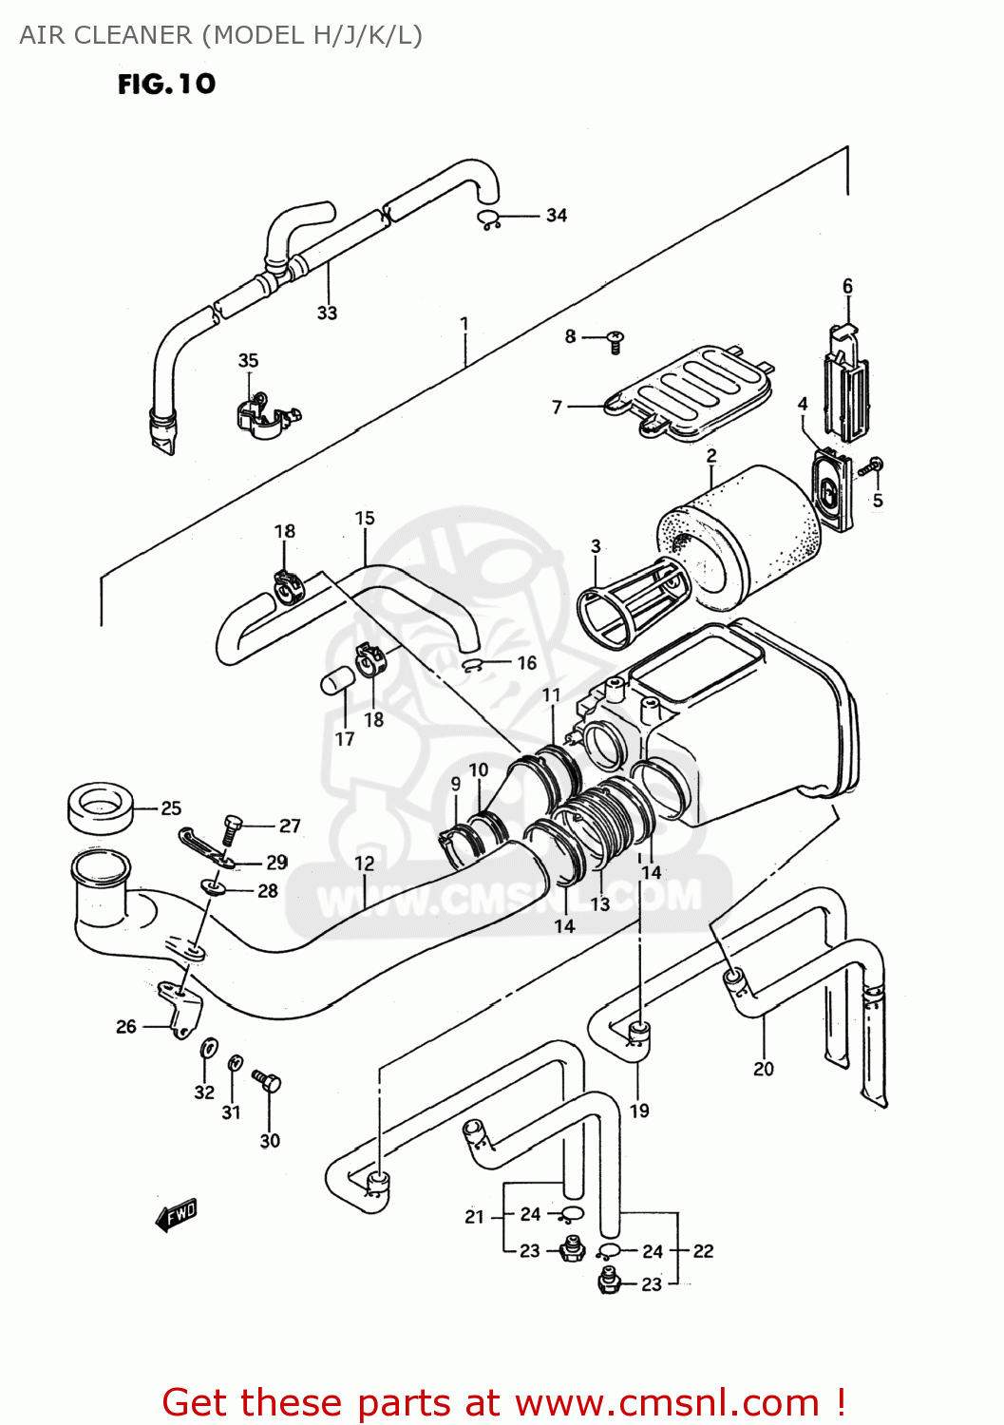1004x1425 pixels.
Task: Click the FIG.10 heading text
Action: pyautogui.click(x=166, y=85)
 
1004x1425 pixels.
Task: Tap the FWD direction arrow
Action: pyautogui.click(x=177, y=1214)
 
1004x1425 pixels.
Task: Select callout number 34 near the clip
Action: pyautogui.click(x=557, y=216)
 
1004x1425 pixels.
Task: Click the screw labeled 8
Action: pyautogui.click(x=615, y=340)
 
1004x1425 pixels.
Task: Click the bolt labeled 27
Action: pyautogui.click(x=231, y=828)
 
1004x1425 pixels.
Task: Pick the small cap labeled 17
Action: pyautogui.click(x=337, y=681)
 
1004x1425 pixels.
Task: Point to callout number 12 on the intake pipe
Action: pyautogui.click(x=365, y=863)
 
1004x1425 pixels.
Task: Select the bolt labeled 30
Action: pyautogui.click(x=268, y=1082)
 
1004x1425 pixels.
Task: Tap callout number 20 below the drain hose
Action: pyautogui.click(x=764, y=1069)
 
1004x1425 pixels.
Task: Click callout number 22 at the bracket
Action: pyautogui.click(x=703, y=1251)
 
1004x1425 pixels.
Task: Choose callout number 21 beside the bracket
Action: pyautogui.click(x=474, y=1217)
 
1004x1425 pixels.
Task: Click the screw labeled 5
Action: pyautogui.click(x=872, y=465)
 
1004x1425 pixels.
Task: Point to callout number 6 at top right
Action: pyautogui.click(x=847, y=286)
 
